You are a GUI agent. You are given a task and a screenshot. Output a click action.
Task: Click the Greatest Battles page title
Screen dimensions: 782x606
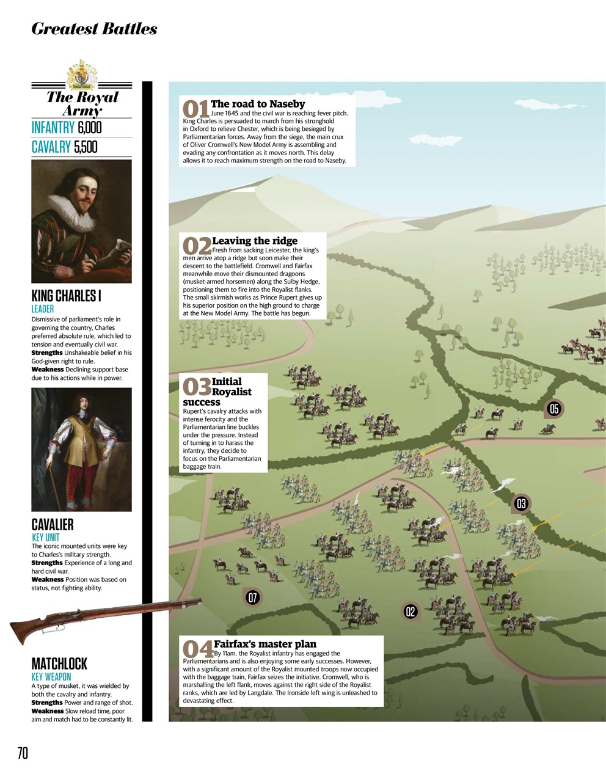[94, 29]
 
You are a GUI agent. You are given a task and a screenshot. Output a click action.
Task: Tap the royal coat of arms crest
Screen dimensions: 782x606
[81, 76]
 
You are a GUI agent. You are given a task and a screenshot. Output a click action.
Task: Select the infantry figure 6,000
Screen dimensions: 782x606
[90, 127]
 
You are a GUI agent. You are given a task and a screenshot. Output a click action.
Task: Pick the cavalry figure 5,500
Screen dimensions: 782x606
[85, 147]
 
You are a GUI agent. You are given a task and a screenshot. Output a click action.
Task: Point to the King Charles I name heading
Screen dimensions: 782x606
[66, 296]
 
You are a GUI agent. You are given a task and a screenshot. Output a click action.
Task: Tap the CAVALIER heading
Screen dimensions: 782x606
[53, 524]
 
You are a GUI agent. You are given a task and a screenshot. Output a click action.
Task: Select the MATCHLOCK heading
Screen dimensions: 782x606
[59, 663]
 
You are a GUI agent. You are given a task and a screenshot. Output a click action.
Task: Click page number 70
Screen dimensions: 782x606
[23, 753]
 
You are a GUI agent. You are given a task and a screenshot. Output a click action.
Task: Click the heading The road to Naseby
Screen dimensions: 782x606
[257, 104]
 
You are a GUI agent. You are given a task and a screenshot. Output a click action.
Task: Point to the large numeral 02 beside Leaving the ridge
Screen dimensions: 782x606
[197, 246]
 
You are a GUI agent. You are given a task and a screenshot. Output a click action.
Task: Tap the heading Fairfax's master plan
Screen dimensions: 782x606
[265, 643]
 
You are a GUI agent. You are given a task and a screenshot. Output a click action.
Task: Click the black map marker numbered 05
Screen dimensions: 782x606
[554, 409]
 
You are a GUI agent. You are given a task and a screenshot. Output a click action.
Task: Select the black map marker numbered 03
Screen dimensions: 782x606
[520, 503]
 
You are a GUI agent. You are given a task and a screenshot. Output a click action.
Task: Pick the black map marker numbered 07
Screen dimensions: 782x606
[252, 597]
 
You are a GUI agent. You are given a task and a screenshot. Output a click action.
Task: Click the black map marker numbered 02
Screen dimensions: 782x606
[410, 612]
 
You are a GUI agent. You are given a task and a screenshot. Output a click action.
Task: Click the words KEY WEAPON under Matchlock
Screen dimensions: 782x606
[51, 677]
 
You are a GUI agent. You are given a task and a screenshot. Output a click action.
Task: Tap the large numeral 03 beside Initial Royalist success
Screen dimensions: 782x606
[197, 387]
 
